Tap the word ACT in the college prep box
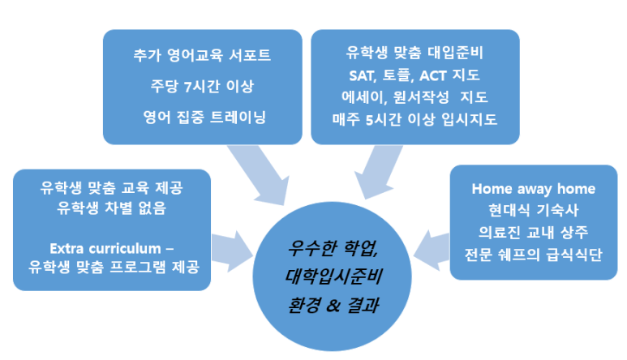pos(432,75)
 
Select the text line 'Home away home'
pos(534,189)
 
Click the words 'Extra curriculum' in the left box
pos(105,249)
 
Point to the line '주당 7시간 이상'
pos(202,86)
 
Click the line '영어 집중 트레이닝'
pos(204,117)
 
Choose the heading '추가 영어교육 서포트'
pos(202,55)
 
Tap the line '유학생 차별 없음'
pos(111,208)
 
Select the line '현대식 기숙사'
pos(534,210)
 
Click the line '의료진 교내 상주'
pos(534,232)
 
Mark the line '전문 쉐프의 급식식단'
pos(534,255)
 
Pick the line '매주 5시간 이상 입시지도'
pos(414,119)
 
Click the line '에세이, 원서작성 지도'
pos(414,97)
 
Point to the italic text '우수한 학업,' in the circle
pos(333,248)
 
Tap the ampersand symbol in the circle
pos(333,306)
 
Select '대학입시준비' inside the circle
pos(334,276)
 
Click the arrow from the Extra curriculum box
pos(232,251)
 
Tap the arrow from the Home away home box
pos(432,251)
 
